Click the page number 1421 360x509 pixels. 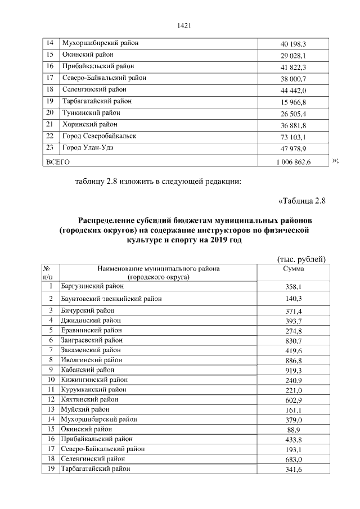pos(185,24)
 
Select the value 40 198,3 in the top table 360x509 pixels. pos(292,44)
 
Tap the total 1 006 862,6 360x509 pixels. pos(293,161)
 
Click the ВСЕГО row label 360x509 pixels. pos(57,161)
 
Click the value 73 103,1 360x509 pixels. pos(292,137)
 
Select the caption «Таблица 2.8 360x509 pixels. pos(302,200)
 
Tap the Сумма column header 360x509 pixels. pos(292,269)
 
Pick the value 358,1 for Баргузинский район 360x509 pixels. pos(292,286)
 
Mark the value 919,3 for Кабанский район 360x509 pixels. pos(292,370)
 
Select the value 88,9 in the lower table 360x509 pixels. pos(292,429)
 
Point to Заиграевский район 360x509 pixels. pos(92,340)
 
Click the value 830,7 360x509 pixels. pos(292,341)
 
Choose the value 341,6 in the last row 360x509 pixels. pos(292,470)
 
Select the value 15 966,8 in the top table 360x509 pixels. pos(292,102)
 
